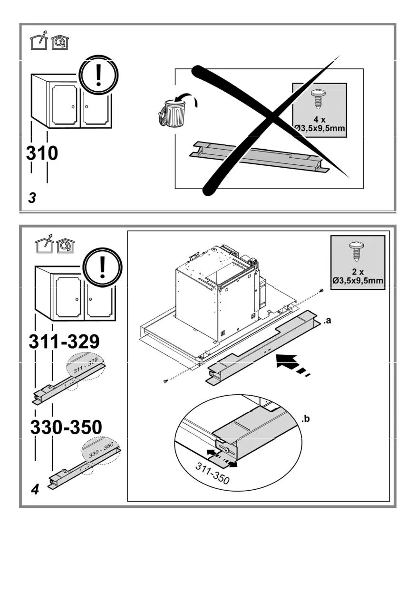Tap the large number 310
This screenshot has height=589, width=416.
(x=42, y=153)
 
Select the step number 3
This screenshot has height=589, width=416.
(x=32, y=198)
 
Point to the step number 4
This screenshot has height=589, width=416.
(x=35, y=489)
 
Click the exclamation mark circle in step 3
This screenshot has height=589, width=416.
(x=98, y=76)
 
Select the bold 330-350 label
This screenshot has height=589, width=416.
(x=66, y=427)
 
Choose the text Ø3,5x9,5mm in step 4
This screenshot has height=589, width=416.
(x=358, y=281)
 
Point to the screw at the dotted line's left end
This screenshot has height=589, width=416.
(x=165, y=381)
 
